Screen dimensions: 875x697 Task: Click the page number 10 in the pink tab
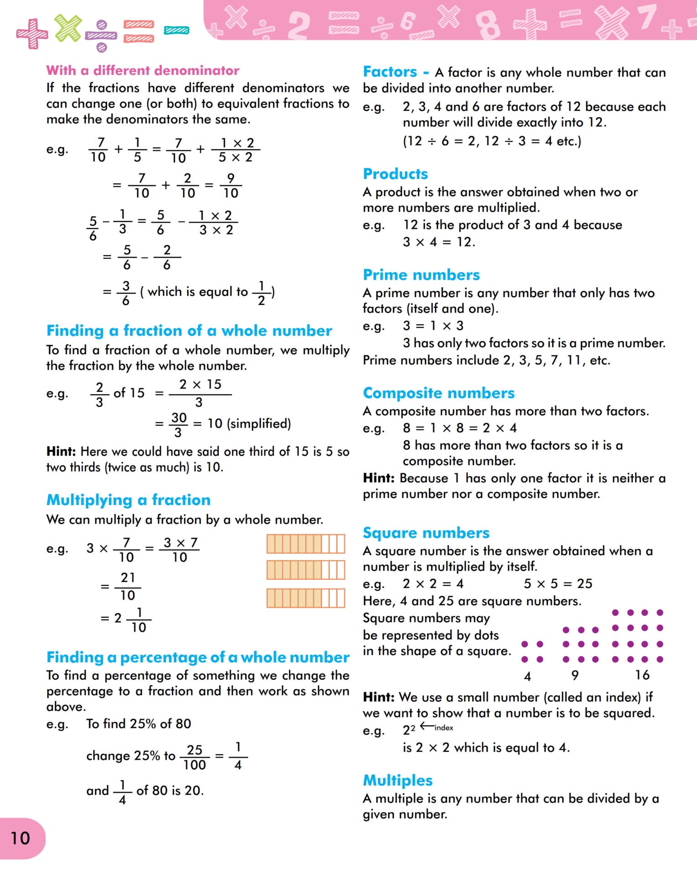[20, 838]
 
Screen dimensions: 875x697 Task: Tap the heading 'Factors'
[390, 72]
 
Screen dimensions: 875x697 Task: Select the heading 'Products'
[395, 174]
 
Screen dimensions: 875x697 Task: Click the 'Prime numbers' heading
[421, 275]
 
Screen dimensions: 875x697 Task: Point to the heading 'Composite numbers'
[438, 393]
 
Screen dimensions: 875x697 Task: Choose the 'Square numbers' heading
[426, 533]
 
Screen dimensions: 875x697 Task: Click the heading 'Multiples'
[397, 780]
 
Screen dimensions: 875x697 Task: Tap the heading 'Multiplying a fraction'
[128, 500]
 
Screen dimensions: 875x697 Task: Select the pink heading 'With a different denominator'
[142, 70]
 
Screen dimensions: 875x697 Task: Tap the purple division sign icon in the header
[101, 36]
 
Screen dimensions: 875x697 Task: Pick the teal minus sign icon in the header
[177, 31]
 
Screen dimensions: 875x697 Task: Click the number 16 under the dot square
[642, 675]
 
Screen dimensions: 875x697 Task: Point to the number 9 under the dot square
[575, 675]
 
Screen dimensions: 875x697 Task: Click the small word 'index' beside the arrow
[444, 728]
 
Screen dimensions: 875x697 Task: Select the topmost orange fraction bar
[306, 544]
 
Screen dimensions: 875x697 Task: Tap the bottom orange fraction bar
[306, 598]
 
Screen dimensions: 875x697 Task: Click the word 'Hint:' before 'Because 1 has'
[379, 478]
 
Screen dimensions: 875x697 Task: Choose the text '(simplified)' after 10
[259, 423]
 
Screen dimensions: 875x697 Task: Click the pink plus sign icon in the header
[32, 33]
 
